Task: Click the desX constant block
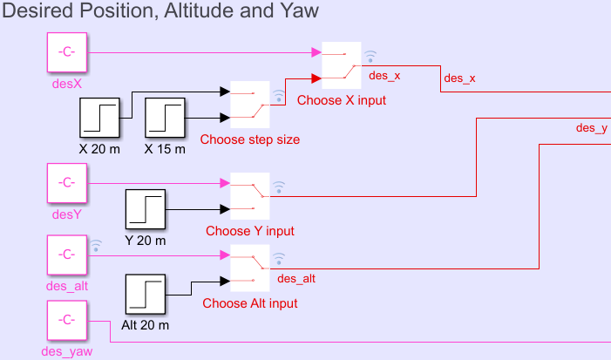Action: click(x=65, y=53)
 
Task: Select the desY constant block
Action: click(x=65, y=183)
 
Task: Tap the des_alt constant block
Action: click(x=65, y=255)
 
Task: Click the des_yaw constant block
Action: click(x=65, y=321)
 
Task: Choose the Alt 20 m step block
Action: click(x=146, y=295)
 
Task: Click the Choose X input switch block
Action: click(x=342, y=65)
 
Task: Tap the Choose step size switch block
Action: click(x=250, y=105)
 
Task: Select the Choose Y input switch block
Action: click(x=250, y=196)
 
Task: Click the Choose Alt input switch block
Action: click(x=250, y=268)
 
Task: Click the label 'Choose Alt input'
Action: click(x=250, y=303)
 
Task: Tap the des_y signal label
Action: click(x=592, y=128)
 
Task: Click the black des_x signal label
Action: click(x=460, y=78)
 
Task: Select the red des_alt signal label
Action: click(x=295, y=279)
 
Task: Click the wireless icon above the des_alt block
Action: click(x=96, y=245)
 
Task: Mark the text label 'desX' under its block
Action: click(x=65, y=86)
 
